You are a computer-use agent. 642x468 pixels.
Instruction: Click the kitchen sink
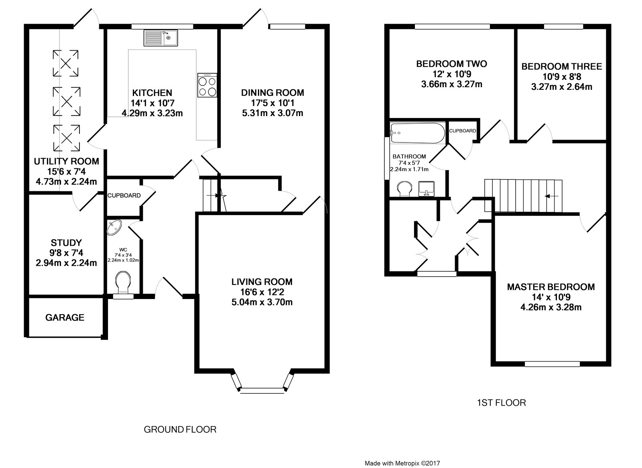[161, 38]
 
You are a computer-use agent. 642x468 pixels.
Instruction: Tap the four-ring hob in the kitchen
[207, 85]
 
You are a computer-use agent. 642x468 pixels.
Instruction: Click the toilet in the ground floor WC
[123, 283]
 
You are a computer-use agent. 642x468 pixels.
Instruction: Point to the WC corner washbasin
[114, 227]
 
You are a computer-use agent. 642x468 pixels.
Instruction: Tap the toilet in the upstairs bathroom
[404, 189]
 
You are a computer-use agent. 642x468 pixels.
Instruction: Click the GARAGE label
[65, 317]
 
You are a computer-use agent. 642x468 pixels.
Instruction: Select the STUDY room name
[66, 243]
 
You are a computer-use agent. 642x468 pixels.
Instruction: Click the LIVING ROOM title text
[262, 282]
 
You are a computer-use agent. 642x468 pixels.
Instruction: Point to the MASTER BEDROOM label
[551, 287]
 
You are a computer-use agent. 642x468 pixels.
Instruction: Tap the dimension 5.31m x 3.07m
[272, 113]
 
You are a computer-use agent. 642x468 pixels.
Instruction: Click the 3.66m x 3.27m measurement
[452, 84]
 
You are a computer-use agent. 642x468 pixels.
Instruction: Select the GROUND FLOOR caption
[180, 429]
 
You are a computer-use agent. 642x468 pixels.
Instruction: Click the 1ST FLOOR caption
[502, 403]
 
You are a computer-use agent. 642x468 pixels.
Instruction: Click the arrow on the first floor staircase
[551, 196]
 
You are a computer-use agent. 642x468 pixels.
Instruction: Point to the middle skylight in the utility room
[67, 101]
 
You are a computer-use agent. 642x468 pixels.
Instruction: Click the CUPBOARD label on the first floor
[463, 131]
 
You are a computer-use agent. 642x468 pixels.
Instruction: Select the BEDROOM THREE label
[562, 67]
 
